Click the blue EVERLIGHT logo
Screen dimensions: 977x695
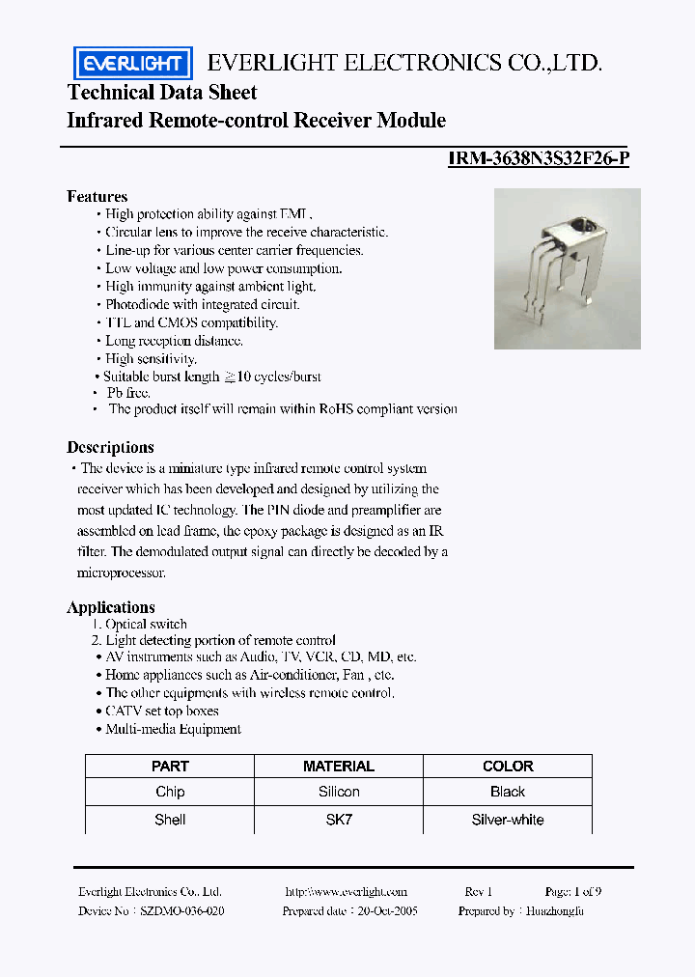133,64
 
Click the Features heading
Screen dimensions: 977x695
97,196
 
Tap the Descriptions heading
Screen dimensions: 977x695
110,447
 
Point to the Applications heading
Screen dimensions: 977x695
110,607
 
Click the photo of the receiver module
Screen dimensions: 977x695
567,268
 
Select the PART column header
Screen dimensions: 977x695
170,766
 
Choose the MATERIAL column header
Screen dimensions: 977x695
338,766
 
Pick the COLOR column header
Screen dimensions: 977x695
507,766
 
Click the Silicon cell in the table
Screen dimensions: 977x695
338,792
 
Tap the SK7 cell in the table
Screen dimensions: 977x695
338,820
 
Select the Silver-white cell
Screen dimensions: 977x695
507,820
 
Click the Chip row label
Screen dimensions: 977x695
170,792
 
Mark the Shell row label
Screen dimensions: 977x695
170,820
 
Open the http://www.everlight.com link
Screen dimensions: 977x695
347,892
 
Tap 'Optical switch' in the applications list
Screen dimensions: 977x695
146,625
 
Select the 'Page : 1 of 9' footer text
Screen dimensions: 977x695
573,892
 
